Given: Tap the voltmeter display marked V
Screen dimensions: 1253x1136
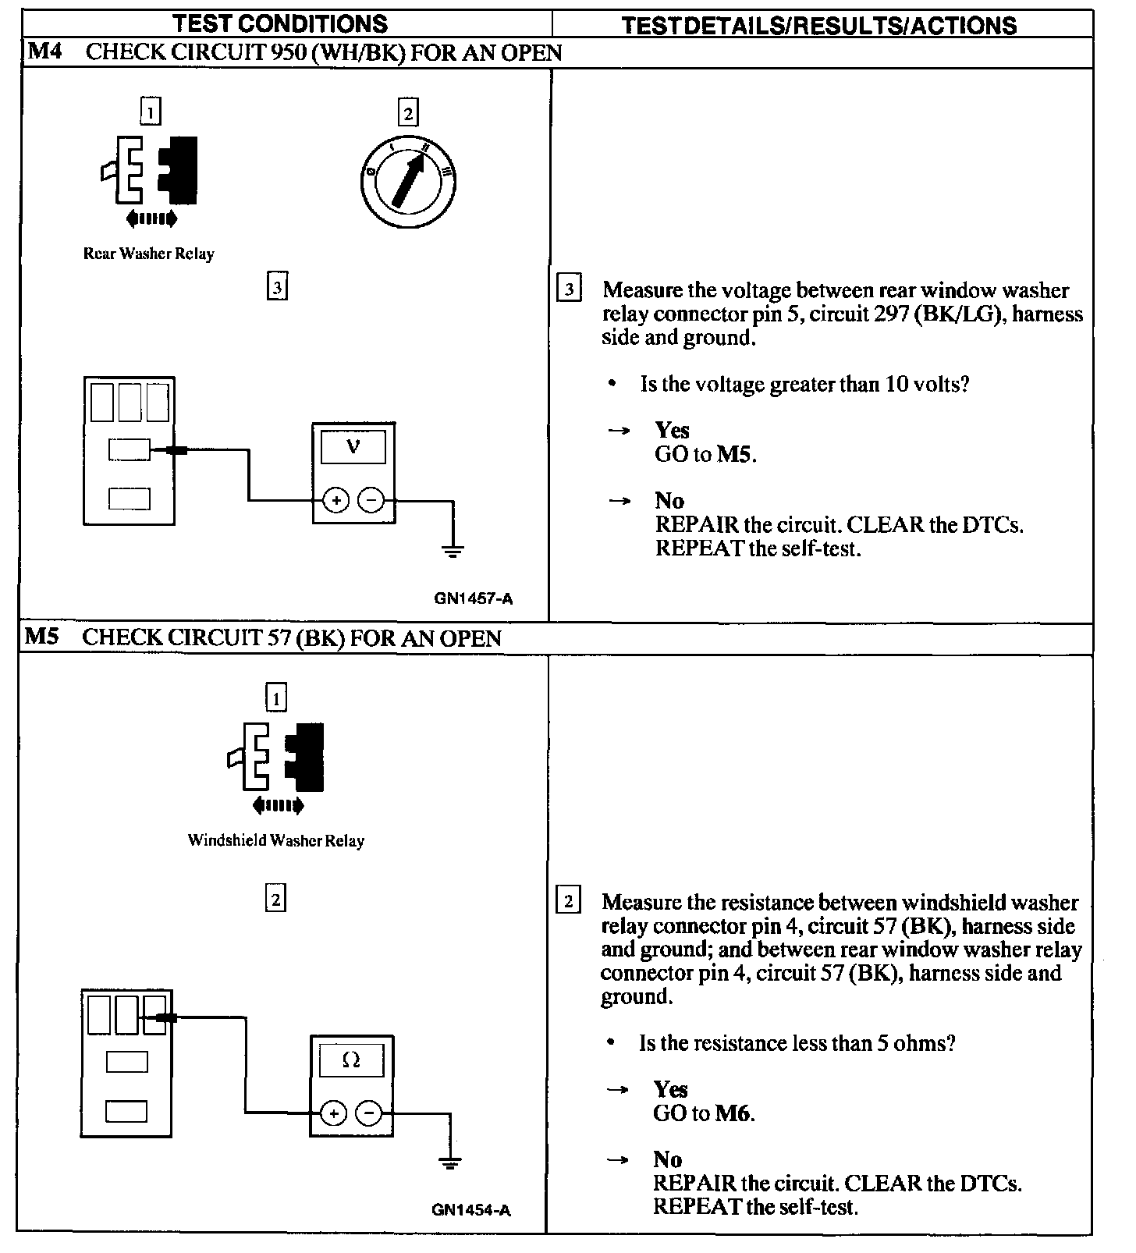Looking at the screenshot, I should [353, 448].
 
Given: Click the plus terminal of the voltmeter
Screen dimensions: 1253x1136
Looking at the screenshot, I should [336, 500].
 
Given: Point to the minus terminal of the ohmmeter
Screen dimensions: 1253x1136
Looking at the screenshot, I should [369, 1113].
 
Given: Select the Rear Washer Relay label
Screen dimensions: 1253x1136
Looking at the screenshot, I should [148, 254].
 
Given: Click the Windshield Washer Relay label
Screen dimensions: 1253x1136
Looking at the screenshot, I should [275, 840].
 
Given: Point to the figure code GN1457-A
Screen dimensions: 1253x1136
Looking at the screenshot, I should [474, 599].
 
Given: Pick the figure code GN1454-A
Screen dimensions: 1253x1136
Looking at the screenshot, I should [471, 1210].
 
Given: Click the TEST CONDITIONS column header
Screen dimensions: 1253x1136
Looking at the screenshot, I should [280, 23].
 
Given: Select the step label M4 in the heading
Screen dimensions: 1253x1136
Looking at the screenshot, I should [44, 52].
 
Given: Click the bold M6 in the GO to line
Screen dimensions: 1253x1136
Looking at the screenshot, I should [733, 1113].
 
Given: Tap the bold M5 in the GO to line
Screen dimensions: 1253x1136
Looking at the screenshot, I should [735, 454].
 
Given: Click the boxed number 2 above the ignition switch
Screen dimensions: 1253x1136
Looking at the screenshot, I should [407, 114].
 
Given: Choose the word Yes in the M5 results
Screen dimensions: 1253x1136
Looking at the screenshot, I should [670, 1090].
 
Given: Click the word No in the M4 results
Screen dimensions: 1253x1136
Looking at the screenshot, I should [669, 501].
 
